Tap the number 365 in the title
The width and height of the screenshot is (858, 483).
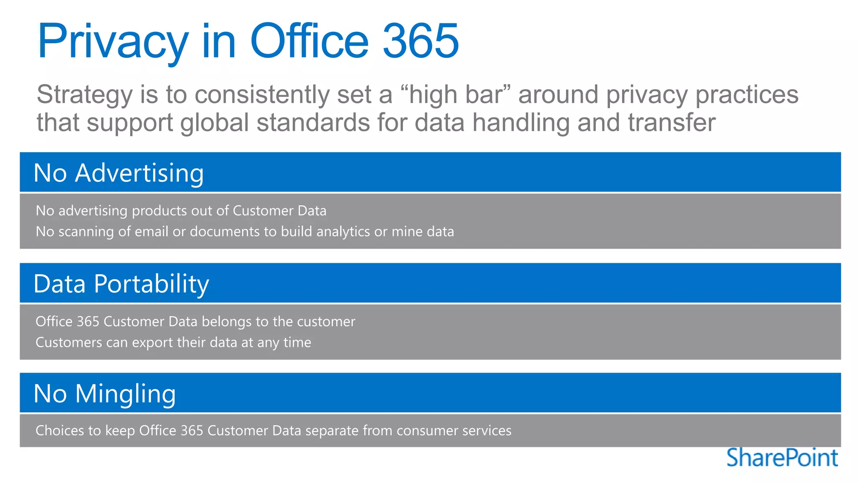click(421, 41)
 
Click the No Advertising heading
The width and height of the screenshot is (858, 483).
click(119, 173)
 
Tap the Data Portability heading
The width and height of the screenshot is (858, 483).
click(121, 284)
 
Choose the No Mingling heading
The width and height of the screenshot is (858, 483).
click(105, 394)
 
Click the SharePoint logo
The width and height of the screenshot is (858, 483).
click(782, 457)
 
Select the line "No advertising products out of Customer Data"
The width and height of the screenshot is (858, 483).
click(181, 210)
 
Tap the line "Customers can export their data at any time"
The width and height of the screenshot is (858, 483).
click(173, 343)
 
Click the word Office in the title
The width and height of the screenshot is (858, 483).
click(309, 41)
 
